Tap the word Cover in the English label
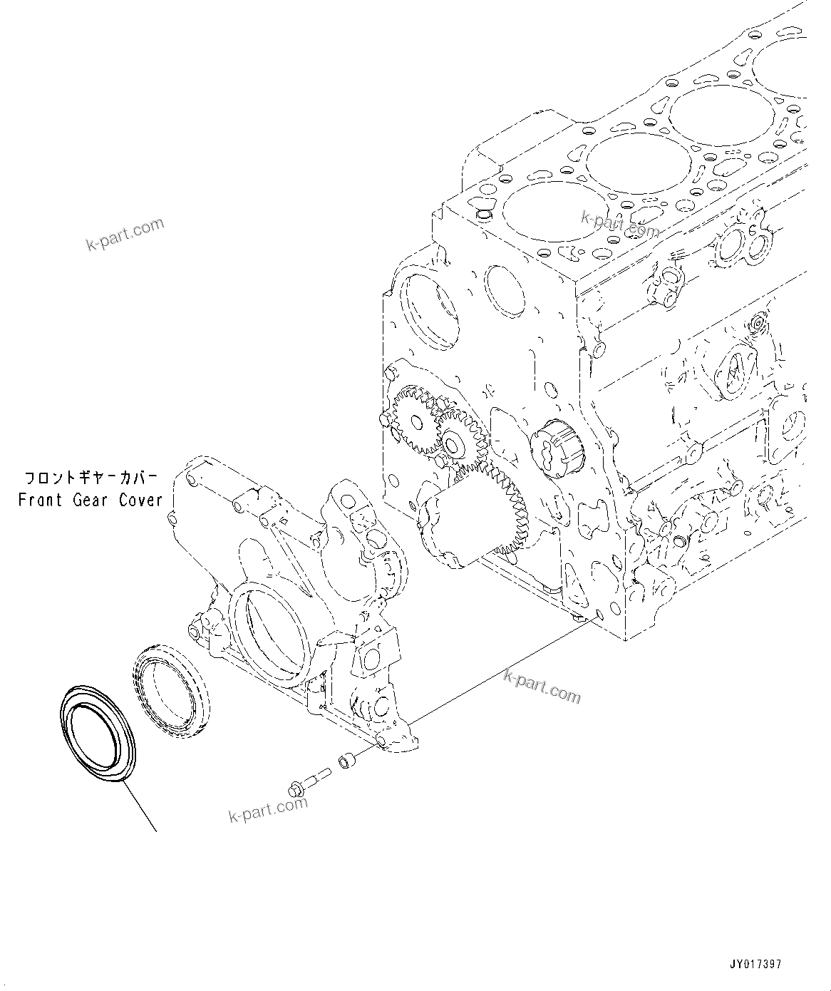point(140,500)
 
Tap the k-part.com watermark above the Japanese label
point(125,235)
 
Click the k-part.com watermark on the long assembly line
point(542,685)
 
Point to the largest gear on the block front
point(492,506)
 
